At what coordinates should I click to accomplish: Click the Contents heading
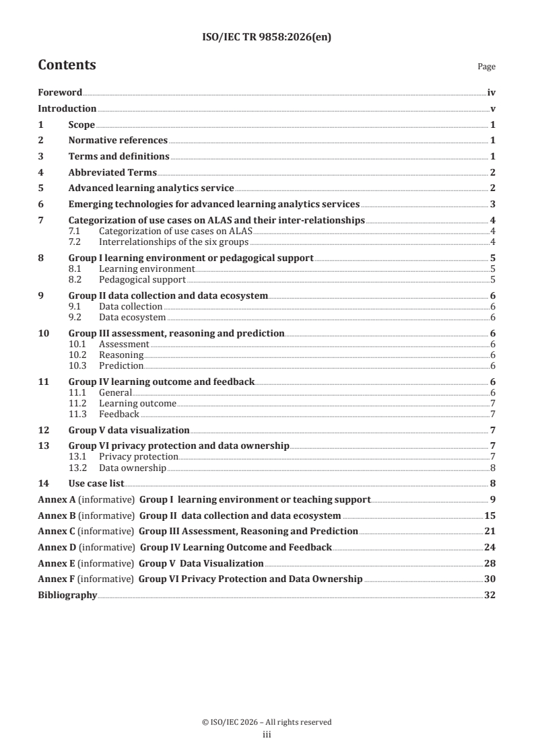[67, 65]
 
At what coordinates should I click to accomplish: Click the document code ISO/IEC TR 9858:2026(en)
[267, 38]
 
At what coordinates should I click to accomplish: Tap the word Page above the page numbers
[486, 67]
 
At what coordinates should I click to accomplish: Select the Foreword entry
[60, 93]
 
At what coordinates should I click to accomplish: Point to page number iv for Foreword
[492, 93]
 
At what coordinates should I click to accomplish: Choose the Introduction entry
[67, 109]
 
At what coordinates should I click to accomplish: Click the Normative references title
[118, 141]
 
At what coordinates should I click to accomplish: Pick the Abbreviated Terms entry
[112, 172]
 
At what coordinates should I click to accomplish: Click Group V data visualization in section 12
[129, 430]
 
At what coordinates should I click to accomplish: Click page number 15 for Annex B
[490, 515]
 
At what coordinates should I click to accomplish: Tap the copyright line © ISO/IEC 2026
[267, 722]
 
